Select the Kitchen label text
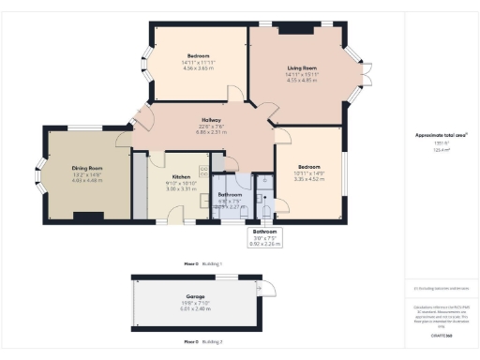[181, 175]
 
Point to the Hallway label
[212, 120]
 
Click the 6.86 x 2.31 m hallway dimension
[212, 132]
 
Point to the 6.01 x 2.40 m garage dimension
[195, 309]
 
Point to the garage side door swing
[266, 290]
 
